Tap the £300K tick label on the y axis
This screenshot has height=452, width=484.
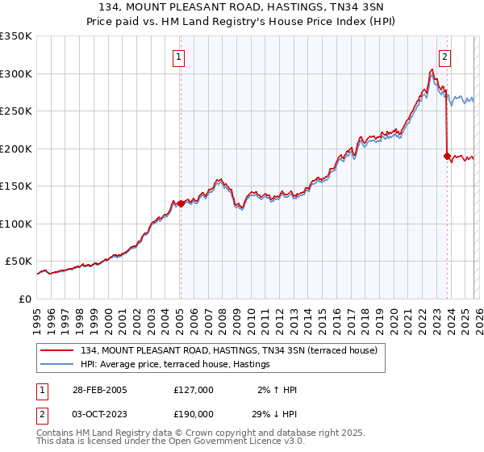click(16, 73)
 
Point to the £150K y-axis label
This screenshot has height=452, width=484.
click(16, 186)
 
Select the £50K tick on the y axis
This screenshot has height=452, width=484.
click(19, 262)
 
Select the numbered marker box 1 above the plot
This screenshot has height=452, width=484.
click(178, 56)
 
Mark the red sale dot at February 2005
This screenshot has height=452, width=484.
click(181, 203)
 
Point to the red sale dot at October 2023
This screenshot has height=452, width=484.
click(447, 156)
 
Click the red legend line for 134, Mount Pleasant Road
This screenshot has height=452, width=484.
click(58, 350)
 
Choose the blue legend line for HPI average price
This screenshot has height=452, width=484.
click(58, 365)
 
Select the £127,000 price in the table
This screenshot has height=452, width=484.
click(193, 390)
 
